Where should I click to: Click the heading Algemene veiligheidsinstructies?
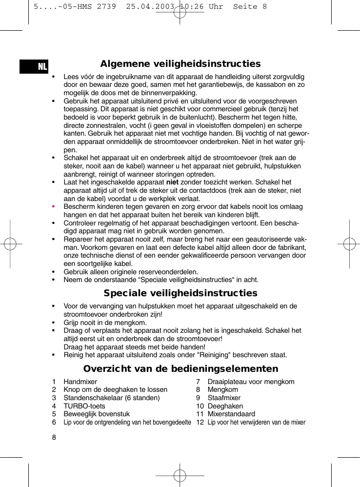(x=180, y=64)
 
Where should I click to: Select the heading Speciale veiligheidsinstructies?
(x=180, y=293)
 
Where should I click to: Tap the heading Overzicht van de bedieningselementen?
(x=180, y=368)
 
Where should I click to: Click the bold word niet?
(x=172, y=182)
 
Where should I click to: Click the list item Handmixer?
(x=80, y=382)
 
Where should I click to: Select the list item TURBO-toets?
(x=84, y=406)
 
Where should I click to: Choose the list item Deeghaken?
(x=225, y=406)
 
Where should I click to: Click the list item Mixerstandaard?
(x=231, y=414)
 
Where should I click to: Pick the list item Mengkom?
(x=223, y=390)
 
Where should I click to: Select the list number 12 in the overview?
(x=200, y=422)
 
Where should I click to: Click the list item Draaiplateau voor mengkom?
(x=251, y=382)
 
